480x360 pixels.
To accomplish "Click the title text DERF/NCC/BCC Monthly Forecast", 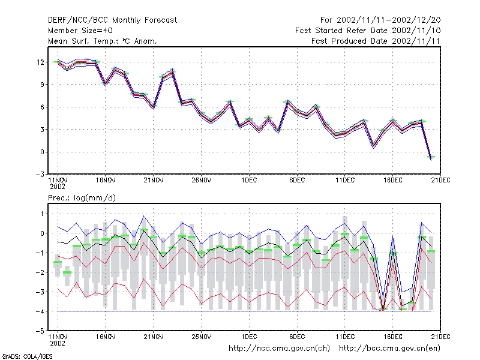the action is (x=112, y=20).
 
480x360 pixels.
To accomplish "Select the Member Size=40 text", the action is (x=80, y=31).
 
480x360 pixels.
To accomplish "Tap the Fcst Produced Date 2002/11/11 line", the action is (x=376, y=41).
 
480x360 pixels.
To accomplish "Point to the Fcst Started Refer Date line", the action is (x=368, y=31).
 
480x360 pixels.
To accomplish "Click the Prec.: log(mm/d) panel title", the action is (x=82, y=198).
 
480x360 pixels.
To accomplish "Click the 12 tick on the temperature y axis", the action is (x=40, y=62).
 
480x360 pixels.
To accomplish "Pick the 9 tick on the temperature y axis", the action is (x=42, y=85).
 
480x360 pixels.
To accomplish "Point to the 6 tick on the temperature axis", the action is (x=42, y=107).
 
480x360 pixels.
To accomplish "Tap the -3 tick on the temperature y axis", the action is (x=40, y=175).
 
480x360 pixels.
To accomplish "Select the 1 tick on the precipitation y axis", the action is (x=42, y=214).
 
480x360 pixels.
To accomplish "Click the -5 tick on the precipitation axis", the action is (x=40, y=331).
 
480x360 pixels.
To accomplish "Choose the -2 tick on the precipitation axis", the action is (x=40, y=272).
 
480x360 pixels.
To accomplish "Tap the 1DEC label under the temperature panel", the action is (x=249, y=181).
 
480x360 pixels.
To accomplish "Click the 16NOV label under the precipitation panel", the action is (x=106, y=337).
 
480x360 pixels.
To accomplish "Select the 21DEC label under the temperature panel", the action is (x=440, y=181).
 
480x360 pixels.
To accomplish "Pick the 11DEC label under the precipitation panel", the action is (x=345, y=337).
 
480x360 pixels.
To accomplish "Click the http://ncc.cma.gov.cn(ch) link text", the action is (x=279, y=349).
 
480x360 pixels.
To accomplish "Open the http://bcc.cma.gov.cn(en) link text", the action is (x=389, y=349).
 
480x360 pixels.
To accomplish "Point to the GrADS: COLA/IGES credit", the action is (x=27, y=356).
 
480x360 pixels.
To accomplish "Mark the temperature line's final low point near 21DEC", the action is (x=431, y=158).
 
